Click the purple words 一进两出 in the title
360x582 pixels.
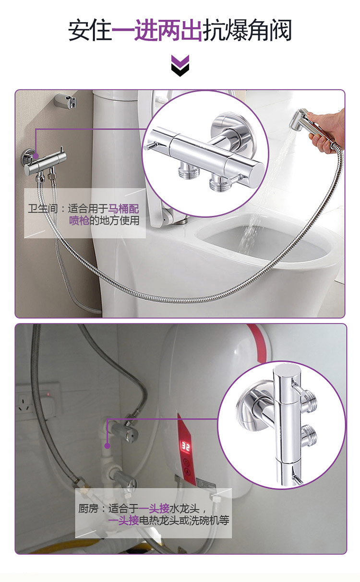157,30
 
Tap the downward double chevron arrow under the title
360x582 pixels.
180,66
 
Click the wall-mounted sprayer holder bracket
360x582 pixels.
66,100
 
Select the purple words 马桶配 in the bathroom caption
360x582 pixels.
123,208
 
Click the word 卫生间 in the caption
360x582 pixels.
43,208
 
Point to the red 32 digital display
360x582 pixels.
185,447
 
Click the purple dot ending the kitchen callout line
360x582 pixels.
107,446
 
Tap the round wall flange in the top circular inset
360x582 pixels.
228,128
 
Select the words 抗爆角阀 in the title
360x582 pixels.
247,30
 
